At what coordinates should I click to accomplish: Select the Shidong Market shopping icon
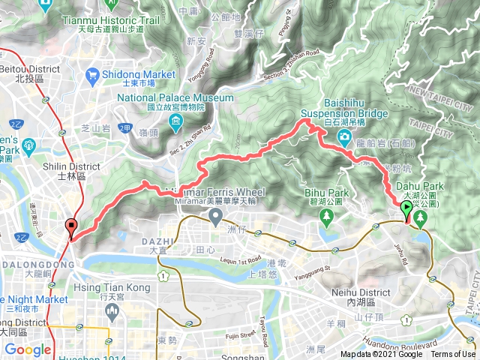click(93, 74)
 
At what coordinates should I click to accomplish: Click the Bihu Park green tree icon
click(326, 217)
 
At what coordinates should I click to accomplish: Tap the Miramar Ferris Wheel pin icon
click(217, 218)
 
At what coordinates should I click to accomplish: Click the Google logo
click(28, 349)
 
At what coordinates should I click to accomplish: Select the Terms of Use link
click(452, 355)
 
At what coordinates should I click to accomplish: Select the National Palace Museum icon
click(175, 121)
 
